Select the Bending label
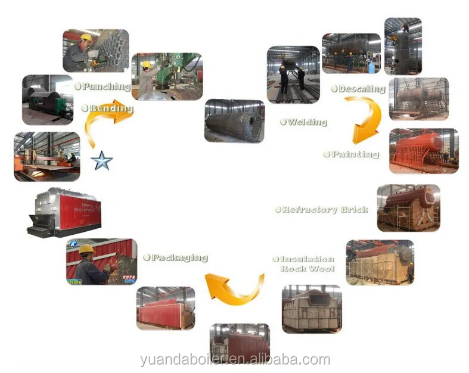tap(108, 108)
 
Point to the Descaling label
tap(358, 89)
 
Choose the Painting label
tap(352, 154)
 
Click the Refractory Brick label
tap(322, 210)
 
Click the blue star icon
tap(102, 160)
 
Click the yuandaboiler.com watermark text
tap(234, 359)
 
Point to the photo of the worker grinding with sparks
tap(101, 262)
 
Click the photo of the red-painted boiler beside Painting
tap(423, 150)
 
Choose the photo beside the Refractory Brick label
tap(408, 207)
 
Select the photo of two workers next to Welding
tap(293, 74)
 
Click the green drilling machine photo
tap(166, 76)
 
